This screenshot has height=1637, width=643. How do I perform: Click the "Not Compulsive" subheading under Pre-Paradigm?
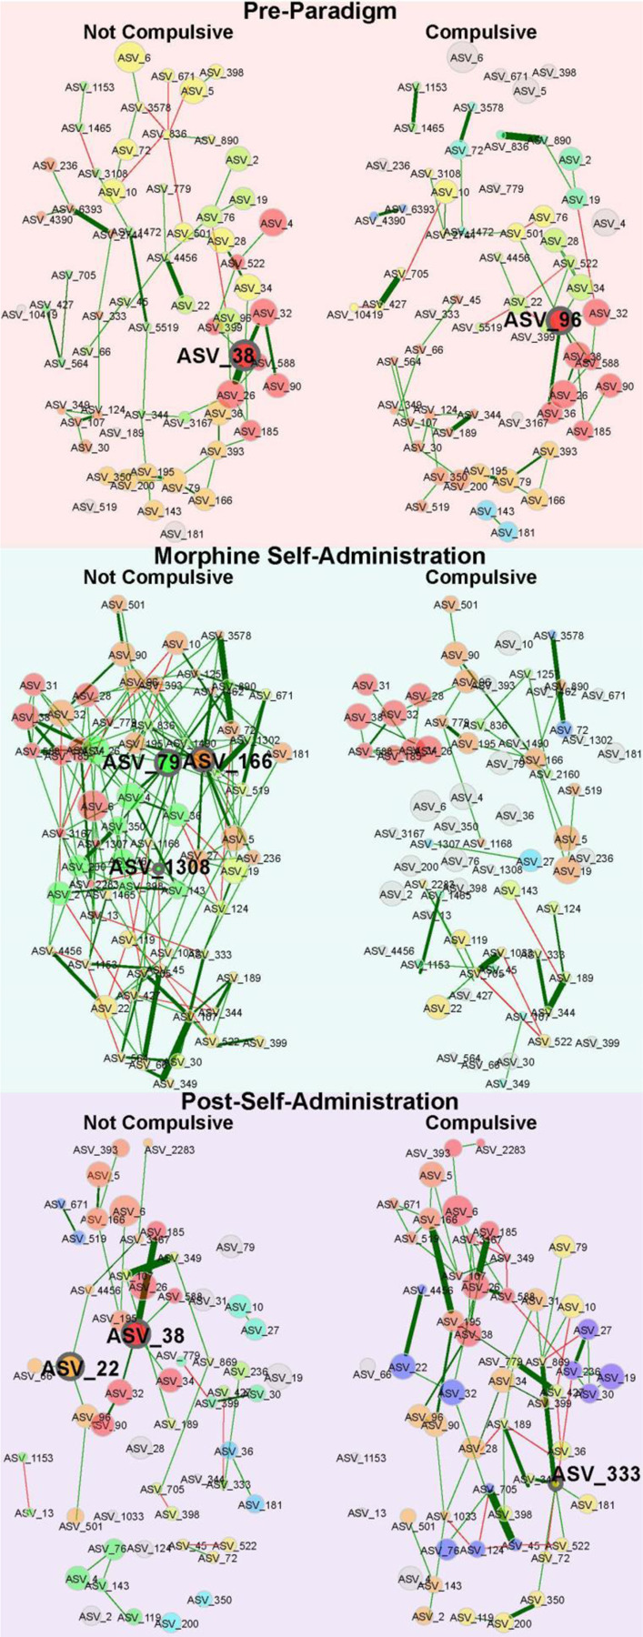pos(158,32)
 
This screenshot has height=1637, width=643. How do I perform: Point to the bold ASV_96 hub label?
pos(543,320)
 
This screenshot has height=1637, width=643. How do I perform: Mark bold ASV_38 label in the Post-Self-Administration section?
pos(145,1334)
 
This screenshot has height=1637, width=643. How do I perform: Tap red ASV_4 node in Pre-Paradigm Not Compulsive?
pos(273,221)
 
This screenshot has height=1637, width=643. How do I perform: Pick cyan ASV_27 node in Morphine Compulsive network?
pos(529,859)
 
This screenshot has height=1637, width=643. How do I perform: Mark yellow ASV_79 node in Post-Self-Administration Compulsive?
pos(570,1248)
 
